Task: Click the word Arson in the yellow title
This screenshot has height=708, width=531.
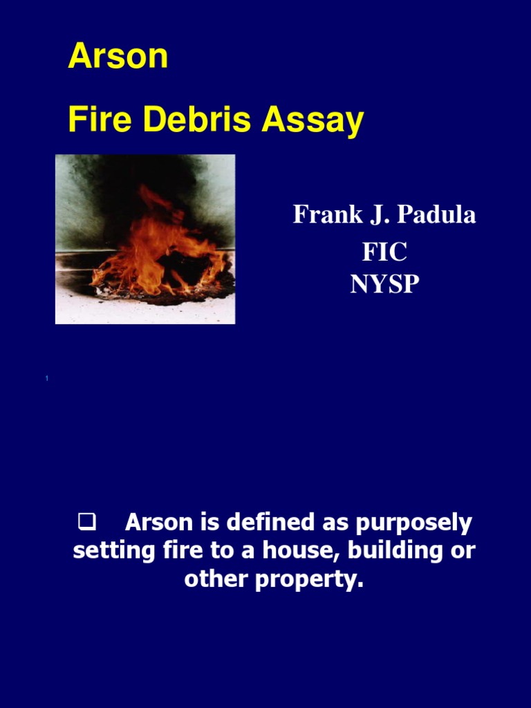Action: pyautogui.click(x=118, y=57)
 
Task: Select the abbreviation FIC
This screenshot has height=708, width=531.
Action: pyautogui.click(x=384, y=251)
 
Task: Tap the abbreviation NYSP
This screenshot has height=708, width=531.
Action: pyautogui.click(x=384, y=283)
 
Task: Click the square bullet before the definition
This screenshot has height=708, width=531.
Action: pyautogui.click(x=86, y=523)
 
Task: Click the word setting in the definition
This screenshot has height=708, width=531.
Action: pyautogui.click(x=106, y=551)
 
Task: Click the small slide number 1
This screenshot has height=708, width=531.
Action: pyautogui.click(x=46, y=378)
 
